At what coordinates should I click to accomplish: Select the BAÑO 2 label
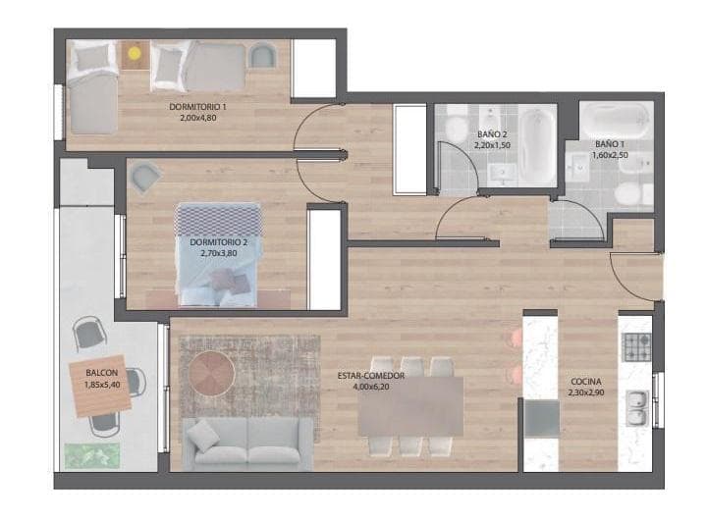pyautogui.click(x=492, y=133)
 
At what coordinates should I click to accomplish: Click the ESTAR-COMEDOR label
pyautogui.click(x=377, y=374)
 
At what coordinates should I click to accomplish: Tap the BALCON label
pyautogui.click(x=101, y=374)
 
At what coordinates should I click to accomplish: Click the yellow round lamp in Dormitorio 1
pyautogui.click(x=135, y=53)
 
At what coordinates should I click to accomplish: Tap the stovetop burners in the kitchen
pyautogui.click(x=637, y=347)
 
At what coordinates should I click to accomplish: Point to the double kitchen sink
pyautogui.click(x=637, y=407)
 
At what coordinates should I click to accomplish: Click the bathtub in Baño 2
pyautogui.click(x=539, y=147)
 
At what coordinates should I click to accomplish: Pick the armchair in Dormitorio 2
pyautogui.click(x=145, y=178)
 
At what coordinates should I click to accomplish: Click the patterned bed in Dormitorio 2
pyautogui.click(x=219, y=250)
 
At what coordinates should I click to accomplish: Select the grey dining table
pyautogui.click(x=410, y=405)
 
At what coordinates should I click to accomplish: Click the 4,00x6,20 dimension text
pyautogui.click(x=377, y=387)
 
